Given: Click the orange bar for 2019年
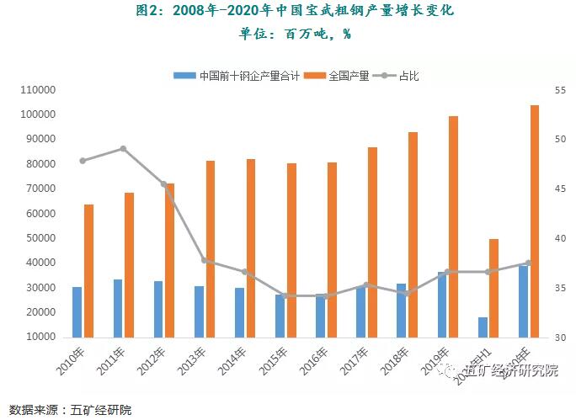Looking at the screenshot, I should point(453,226).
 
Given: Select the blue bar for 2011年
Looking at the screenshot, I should point(118,308).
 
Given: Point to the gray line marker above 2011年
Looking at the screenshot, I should point(123,149).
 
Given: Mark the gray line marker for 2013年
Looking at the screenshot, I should point(205,261).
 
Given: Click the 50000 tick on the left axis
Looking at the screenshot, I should point(39,238).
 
